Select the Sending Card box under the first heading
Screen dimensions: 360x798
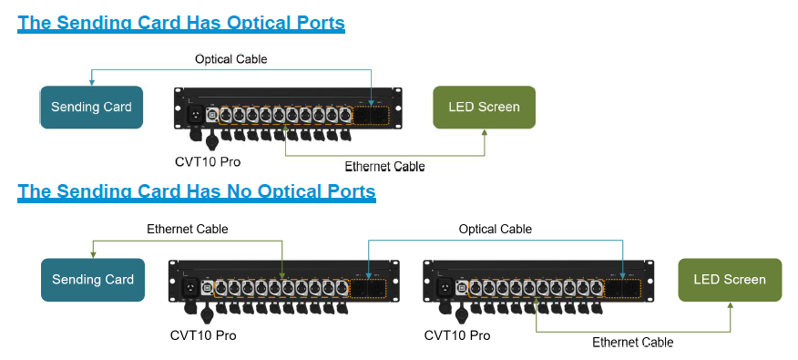pos(91,108)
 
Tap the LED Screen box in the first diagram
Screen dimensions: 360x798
pos(484,108)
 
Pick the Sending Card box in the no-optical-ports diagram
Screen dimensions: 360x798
pos(93,280)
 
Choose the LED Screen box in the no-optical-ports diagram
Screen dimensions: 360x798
pos(730,280)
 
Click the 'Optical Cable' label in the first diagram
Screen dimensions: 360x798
pos(231,59)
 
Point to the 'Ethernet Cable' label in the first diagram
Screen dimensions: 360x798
pos(384,167)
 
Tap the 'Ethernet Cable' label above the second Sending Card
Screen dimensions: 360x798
pos(188,229)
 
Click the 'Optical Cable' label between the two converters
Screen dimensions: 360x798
pos(495,229)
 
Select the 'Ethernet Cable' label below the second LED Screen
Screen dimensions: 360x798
pos(632,343)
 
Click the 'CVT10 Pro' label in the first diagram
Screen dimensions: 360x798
pos(208,162)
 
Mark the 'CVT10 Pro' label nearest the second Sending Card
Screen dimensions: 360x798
pos(202,335)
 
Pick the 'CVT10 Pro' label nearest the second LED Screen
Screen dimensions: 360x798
pos(457,335)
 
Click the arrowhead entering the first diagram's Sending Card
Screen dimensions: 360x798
pos(91,83)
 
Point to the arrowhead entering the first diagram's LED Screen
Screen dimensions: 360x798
pos(485,133)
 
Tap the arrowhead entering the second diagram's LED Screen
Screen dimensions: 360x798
pos(731,306)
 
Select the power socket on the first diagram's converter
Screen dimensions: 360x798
pos(194,115)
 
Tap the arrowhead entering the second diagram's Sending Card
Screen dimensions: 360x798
pos(93,254)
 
